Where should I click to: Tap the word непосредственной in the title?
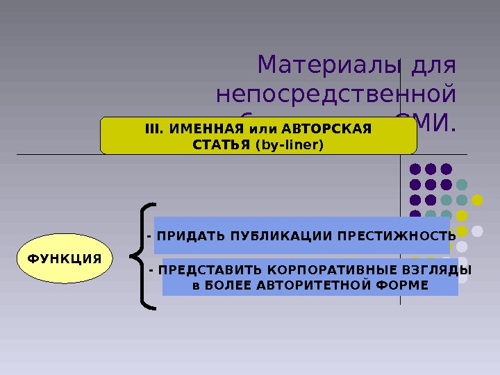click(337, 95)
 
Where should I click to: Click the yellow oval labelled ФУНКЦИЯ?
click(64, 258)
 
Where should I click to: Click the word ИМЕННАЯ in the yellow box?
click(200, 128)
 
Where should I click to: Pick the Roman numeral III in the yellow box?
click(151, 128)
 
